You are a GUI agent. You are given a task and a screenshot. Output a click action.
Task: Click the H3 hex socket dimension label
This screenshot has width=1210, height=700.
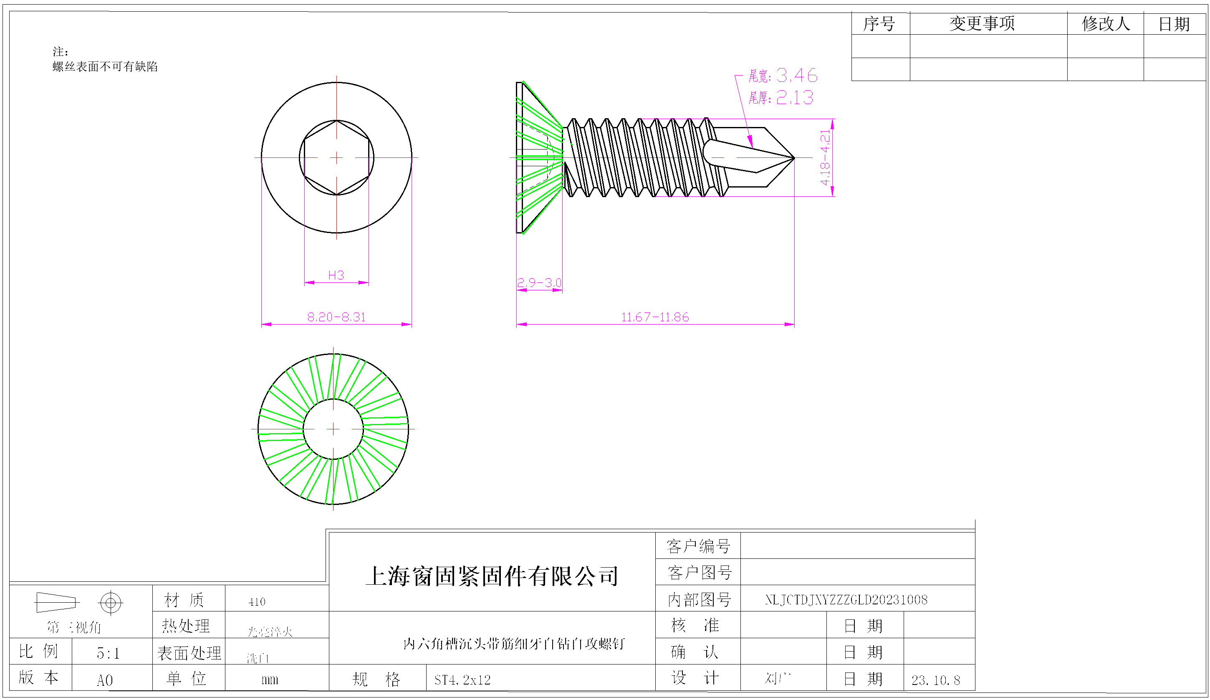(x=336, y=275)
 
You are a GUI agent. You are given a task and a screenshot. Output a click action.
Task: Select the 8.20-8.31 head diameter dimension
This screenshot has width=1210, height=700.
(x=336, y=317)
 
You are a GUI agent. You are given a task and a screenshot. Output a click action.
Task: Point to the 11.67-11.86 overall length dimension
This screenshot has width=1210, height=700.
(x=655, y=317)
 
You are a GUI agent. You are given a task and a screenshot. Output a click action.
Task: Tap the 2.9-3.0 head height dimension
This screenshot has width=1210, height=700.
(x=539, y=282)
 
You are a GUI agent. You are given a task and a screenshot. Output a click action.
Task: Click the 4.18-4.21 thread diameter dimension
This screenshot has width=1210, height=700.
(x=825, y=157)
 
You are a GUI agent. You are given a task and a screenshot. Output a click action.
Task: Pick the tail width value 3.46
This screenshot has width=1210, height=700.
(x=797, y=76)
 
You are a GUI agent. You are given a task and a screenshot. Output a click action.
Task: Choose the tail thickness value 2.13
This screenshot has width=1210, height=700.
(x=795, y=98)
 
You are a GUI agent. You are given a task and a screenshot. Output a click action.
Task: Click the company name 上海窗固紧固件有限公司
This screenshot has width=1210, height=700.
(x=492, y=576)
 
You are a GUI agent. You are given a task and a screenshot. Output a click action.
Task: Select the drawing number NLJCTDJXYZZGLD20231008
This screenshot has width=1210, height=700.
(x=846, y=600)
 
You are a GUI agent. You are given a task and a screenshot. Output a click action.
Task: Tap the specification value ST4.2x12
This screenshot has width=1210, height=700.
(x=462, y=680)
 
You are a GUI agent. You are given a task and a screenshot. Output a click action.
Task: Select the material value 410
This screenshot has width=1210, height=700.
(x=257, y=602)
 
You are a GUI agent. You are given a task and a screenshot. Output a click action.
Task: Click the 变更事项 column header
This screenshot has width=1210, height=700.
(x=982, y=23)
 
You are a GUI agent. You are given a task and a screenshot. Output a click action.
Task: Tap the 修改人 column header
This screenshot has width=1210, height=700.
(x=1105, y=23)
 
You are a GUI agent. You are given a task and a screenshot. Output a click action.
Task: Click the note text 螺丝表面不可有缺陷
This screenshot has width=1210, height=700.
(x=105, y=67)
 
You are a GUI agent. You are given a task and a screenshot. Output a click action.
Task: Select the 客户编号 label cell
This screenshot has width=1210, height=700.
(x=698, y=546)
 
